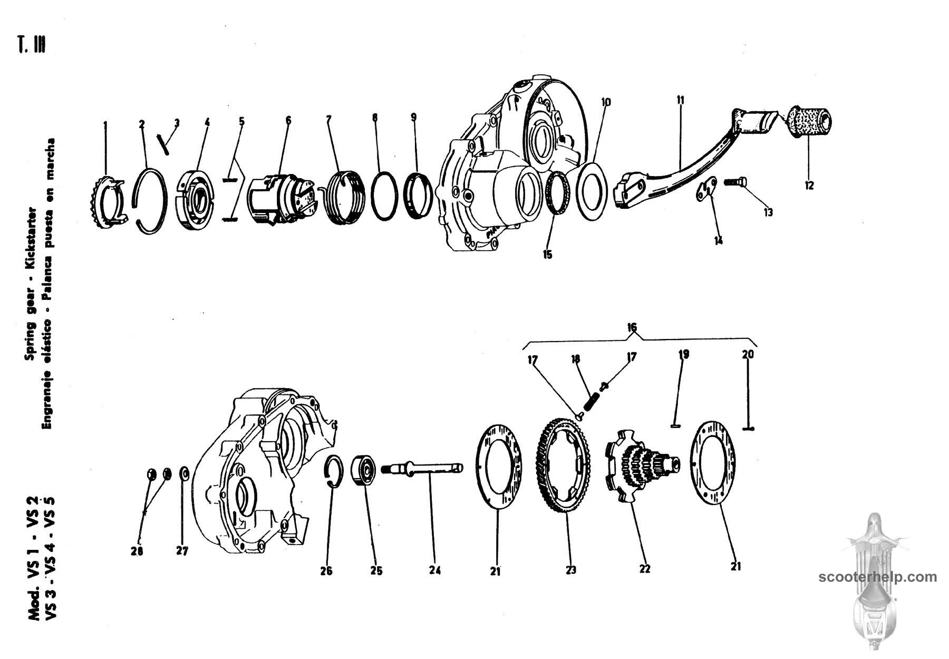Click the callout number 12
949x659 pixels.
click(x=809, y=185)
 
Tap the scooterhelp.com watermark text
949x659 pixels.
click(x=878, y=577)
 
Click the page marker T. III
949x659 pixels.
click(x=32, y=45)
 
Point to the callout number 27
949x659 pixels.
click(x=182, y=551)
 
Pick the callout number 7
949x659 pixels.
click(x=328, y=120)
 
